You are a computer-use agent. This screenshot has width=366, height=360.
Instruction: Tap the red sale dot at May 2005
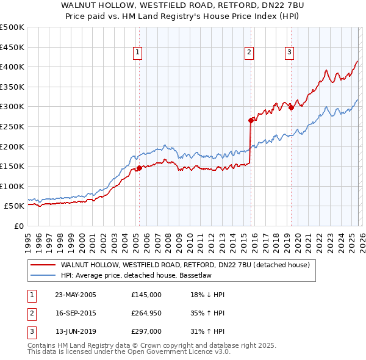[x=139, y=168]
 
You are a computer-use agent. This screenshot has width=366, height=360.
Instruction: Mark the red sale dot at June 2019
[x=291, y=107]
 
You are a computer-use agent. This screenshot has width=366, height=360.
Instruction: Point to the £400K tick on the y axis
[x=12, y=67]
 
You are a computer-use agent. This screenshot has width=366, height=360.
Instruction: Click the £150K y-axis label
[x=12, y=166]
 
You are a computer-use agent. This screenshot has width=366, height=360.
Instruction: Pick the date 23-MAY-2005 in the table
[x=76, y=294]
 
